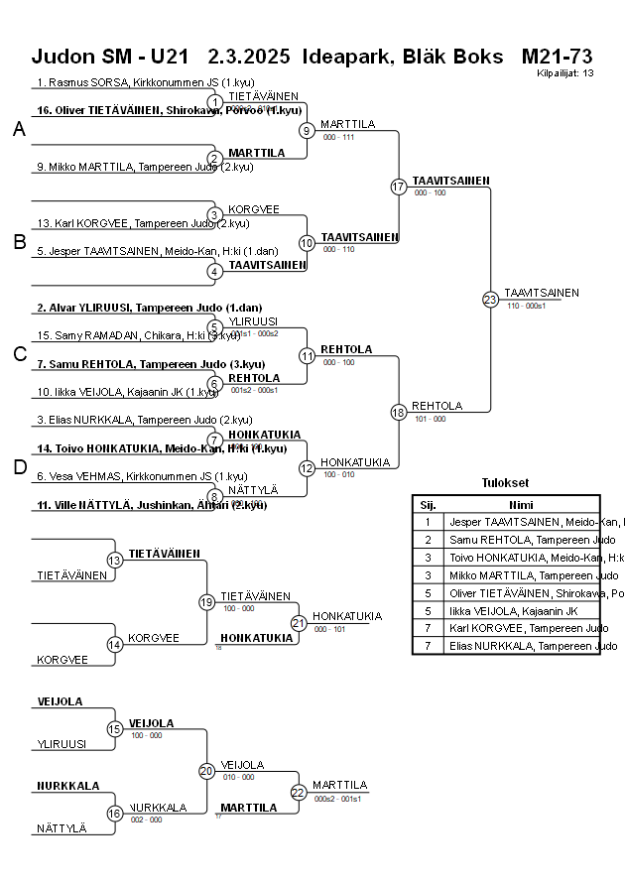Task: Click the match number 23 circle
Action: tap(490, 300)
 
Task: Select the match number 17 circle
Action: tap(399, 187)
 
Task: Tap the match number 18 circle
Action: tap(399, 412)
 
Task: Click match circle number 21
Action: tap(299, 623)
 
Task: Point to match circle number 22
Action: tap(299, 792)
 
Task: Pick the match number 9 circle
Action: tap(308, 130)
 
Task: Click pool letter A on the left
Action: tap(19, 129)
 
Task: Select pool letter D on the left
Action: tap(19, 467)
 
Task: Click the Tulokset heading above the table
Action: tap(506, 483)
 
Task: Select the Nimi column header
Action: tap(521, 504)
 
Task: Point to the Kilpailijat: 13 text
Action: tap(565, 72)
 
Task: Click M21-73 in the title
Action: tap(557, 56)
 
